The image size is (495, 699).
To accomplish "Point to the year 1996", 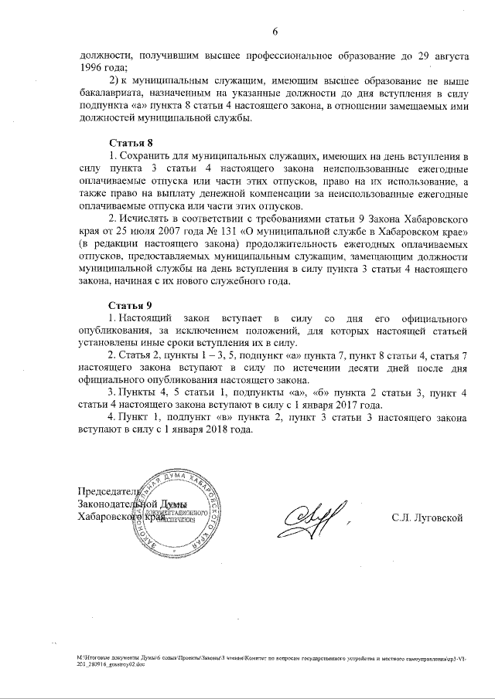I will (x=92, y=68).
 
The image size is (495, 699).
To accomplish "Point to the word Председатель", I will (x=108, y=492).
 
